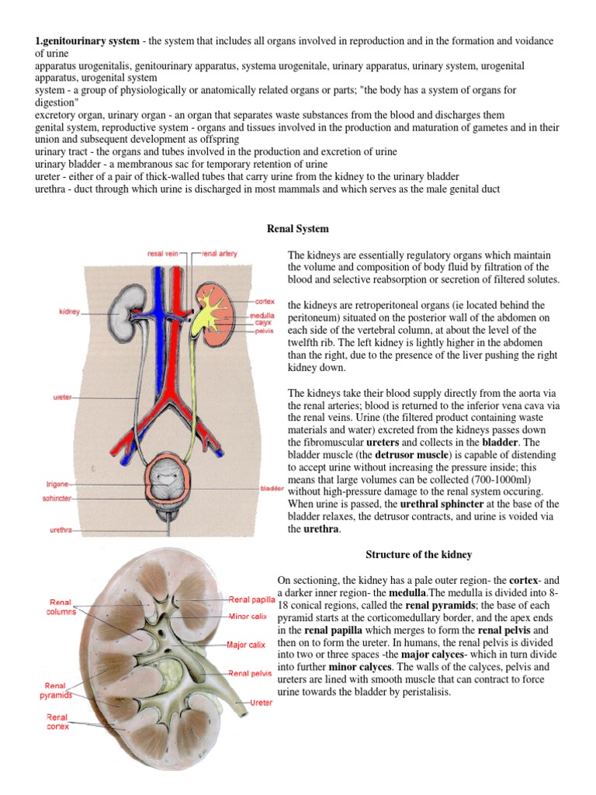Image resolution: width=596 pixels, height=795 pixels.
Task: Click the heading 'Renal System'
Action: (x=298, y=229)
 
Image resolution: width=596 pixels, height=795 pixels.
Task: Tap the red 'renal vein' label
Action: (x=164, y=254)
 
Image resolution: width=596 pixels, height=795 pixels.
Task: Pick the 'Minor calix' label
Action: (x=249, y=617)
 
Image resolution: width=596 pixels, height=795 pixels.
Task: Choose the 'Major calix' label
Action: (x=247, y=644)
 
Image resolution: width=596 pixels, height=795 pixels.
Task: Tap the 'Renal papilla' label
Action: (x=251, y=599)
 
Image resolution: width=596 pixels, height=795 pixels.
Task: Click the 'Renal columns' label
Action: (x=60, y=606)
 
